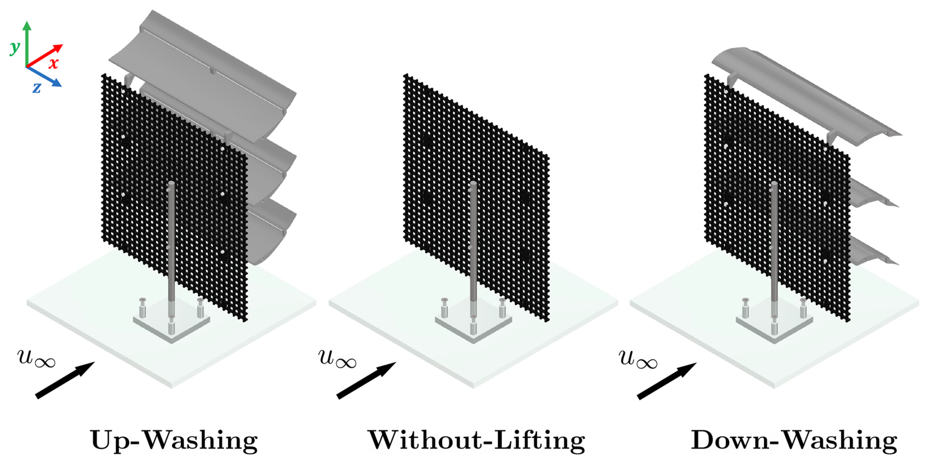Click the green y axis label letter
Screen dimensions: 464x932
[14, 47]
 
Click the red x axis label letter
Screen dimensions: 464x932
[53, 63]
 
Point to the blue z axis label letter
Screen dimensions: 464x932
[36, 88]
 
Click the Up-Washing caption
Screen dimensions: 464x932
[174, 439]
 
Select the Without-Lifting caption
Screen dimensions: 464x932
[476, 439]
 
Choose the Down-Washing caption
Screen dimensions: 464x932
[794, 439]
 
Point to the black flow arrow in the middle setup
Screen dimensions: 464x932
[366, 380]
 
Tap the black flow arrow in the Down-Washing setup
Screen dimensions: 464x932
[666, 380]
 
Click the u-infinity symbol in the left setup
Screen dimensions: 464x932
[36, 357]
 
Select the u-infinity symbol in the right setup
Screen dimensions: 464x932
[637, 357]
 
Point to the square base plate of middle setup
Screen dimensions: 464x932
[473, 322]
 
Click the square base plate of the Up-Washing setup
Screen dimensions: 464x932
[171, 322]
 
